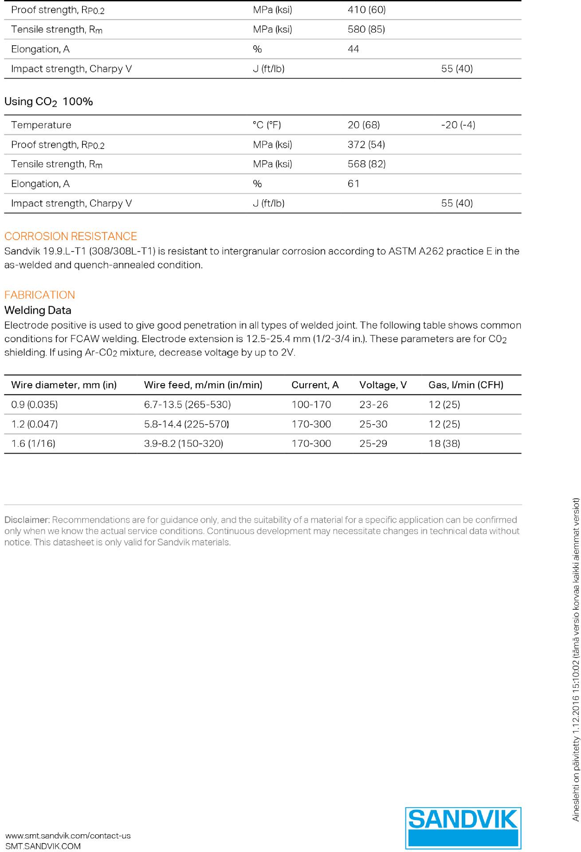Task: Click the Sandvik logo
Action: pyautogui.click(x=463, y=828)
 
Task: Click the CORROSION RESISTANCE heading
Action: pyautogui.click(x=71, y=236)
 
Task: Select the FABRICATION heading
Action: pyautogui.click(x=39, y=295)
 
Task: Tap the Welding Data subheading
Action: pyautogui.click(x=38, y=310)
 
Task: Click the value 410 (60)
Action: pyautogui.click(x=366, y=10)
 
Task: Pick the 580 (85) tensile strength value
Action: pyautogui.click(x=366, y=29)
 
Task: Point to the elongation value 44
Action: pyautogui.click(x=353, y=49)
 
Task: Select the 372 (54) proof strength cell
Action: pyautogui.click(x=366, y=145)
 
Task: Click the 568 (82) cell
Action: pyautogui.click(x=366, y=164)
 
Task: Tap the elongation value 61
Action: pyautogui.click(x=353, y=184)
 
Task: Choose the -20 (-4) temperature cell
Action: pyautogui.click(x=458, y=125)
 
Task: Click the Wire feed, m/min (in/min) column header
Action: pyautogui.click(x=203, y=385)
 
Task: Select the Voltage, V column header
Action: pyautogui.click(x=383, y=385)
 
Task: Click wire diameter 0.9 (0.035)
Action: pyautogui.click(x=35, y=405)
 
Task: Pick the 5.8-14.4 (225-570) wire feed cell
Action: pyautogui.click(x=186, y=424)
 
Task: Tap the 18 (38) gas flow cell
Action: pyautogui.click(x=444, y=444)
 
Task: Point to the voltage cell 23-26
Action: pyautogui.click(x=373, y=405)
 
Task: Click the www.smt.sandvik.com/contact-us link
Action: pyautogui.click(x=68, y=836)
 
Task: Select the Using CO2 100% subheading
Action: pyautogui.click(x=49, y=102)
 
